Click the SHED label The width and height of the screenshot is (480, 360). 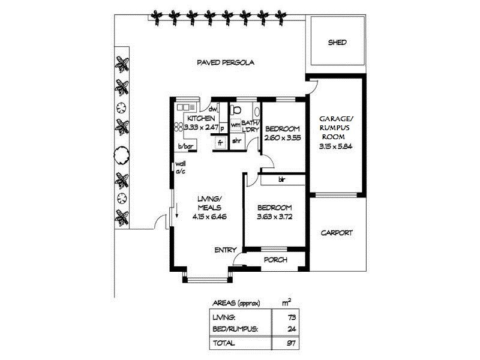pos(337,43)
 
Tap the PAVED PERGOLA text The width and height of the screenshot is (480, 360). pos(226,62)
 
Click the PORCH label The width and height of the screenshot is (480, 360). pos(276,260)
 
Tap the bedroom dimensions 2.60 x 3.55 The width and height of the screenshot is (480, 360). pos(282,138)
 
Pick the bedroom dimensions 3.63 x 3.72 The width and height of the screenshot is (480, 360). pos(274,217)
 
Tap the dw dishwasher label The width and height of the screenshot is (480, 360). pos(212,109)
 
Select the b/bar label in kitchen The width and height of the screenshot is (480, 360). pos(184,146)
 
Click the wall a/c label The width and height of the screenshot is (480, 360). pos(180,167)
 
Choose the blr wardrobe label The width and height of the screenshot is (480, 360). pos(281,179)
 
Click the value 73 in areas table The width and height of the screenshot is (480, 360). pos(293,316)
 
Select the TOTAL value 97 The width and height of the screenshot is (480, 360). pos(293,343)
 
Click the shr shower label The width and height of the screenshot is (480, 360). pos(236,142)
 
